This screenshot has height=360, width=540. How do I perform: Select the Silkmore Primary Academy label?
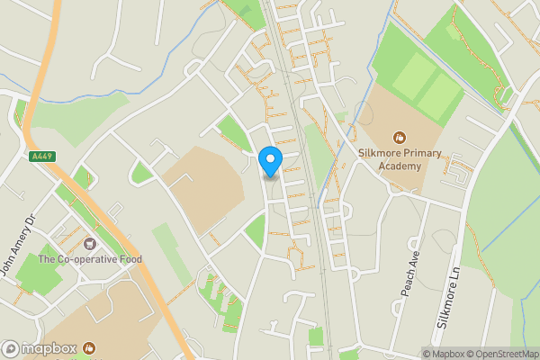click(399, 160)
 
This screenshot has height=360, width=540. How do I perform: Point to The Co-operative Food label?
click(90, 261)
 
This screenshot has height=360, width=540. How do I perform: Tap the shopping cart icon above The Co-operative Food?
click(90, 244)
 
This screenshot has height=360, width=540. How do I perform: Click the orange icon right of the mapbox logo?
click(89, 348)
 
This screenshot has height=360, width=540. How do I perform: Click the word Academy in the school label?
click(399, 167)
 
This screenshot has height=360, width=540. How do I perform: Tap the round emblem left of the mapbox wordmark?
click(11, 348)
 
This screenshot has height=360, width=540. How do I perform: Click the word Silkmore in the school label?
click(379, 153)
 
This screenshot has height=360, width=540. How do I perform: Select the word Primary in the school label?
click(422, 153)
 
